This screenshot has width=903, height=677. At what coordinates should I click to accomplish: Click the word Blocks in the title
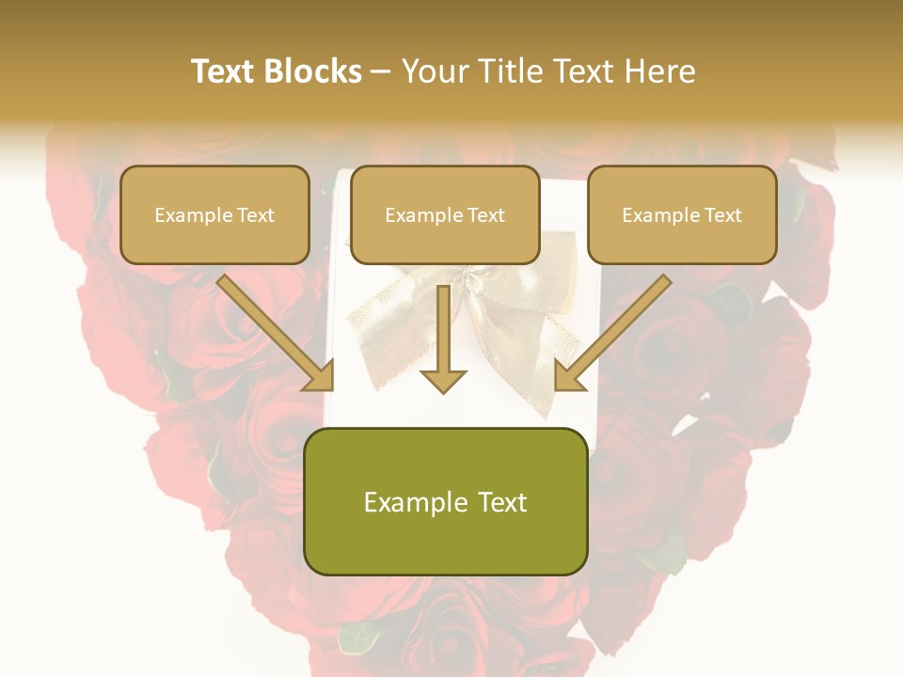[x=313, y=71]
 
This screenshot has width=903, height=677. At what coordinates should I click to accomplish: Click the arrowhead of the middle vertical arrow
[x=443, y=380]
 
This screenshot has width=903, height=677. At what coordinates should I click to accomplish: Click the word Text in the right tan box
[x=722, y=215]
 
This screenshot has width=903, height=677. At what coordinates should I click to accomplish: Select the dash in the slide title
[x=381, y=71]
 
